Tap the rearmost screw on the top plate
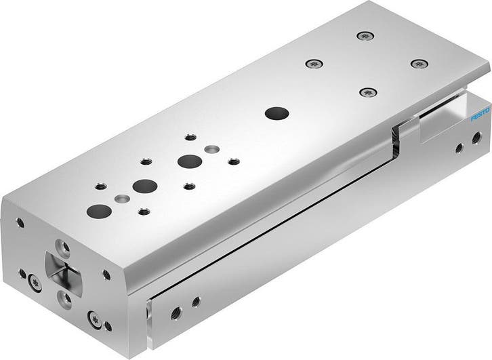365,35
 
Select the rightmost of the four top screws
419,63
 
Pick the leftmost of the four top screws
314,64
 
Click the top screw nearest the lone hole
368,92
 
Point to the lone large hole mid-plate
274,113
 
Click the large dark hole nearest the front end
99,209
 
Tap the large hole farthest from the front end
188,161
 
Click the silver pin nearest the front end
122,198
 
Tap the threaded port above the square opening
63,244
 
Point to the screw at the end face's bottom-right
93,317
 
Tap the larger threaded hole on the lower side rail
176,313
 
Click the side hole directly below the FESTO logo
459,146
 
